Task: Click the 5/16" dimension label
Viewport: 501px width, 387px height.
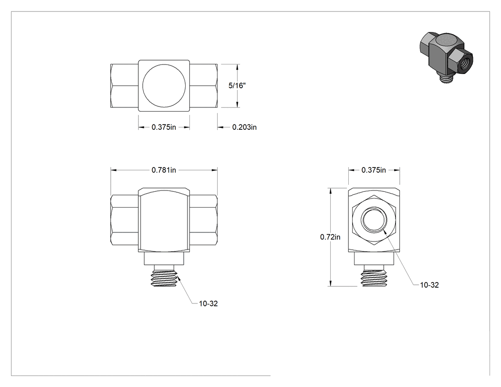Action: pos(237,85)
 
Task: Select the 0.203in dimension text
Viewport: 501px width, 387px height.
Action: pos(244,127)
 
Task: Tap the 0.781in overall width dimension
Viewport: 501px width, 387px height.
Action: pos(164,170)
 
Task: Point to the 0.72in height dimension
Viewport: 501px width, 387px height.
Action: pos(330,237)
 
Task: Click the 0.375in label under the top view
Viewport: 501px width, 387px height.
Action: pos(164,127)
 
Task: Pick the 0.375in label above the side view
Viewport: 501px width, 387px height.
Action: pos(374,170)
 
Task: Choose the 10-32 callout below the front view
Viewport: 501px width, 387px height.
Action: pos(209,303)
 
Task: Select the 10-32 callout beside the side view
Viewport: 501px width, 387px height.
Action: pos(429,285)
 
